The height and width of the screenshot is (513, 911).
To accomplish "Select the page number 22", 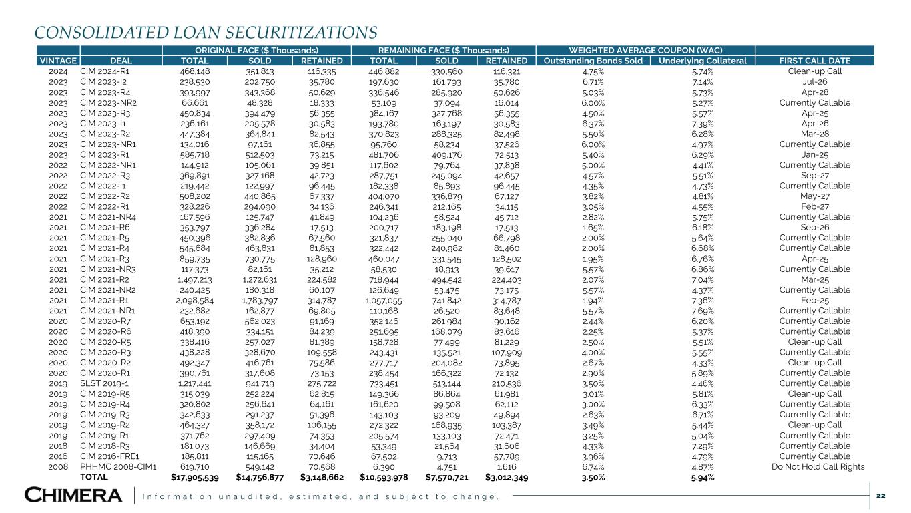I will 880,495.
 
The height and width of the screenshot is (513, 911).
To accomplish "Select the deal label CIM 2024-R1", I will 105,71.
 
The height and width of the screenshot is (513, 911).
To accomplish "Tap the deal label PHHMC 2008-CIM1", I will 118,467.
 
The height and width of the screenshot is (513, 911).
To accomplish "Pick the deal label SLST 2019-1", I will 103,383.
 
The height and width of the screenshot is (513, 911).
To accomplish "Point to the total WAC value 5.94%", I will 704,478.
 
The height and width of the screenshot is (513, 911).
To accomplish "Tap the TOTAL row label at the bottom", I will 95,478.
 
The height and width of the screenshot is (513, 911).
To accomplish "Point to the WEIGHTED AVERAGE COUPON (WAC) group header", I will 645,50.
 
